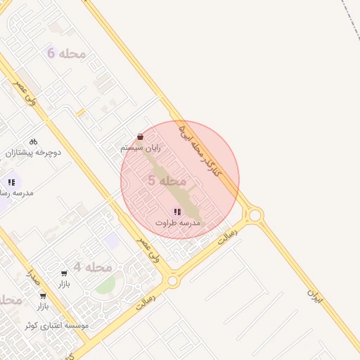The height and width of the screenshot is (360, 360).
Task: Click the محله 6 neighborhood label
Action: coord(66,53)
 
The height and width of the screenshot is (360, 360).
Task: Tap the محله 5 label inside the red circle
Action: coord(167,181)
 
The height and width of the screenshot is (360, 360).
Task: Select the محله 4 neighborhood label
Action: coord(92,267)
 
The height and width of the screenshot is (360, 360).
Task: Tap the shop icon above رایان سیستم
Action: coord(140,137)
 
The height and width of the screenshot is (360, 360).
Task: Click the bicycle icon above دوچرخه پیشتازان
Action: coord(33,141)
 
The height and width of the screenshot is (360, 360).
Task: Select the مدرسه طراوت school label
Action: coord(178,222)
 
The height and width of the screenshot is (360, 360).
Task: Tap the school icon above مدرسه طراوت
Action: coord(177,212)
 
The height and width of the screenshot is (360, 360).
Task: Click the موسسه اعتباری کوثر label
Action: coord(56,326)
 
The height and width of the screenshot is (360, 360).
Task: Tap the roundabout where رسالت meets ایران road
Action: coord(255,214)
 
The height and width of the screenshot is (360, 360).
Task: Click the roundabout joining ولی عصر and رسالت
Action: coord(172,281)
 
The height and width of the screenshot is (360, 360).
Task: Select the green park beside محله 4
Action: coord(105,285)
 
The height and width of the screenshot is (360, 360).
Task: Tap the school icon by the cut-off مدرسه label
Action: coord(11,182)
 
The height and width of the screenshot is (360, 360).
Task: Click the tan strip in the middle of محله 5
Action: coord(176,186)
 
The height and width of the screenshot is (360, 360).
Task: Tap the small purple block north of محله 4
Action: coord(110,242)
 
